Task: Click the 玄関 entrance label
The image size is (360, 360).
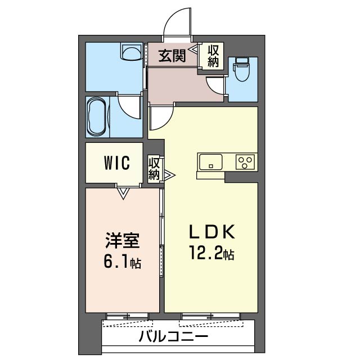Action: coord(171,56)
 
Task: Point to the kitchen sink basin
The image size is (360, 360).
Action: coord(211,162)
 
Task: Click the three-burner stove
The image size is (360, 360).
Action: coord(245,162)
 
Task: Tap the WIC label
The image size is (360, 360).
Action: coord(116,163)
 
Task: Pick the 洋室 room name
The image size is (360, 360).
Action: coord(120,241)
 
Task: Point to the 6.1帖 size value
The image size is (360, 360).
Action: coord(120,262)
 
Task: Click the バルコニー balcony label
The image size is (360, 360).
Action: coord(173,337)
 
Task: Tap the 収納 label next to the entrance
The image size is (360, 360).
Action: coord(213,56)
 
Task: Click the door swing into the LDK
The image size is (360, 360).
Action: coord(160,117)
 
